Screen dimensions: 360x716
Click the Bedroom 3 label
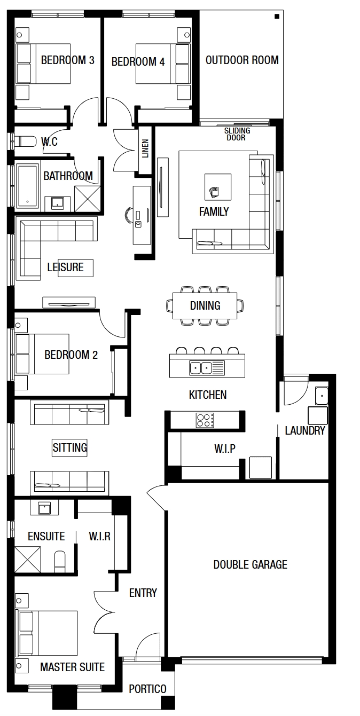coord(67,60)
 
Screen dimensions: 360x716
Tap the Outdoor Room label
coord(242,60)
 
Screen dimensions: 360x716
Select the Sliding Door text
coord(237,134)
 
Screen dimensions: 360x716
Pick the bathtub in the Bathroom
coord(27,186)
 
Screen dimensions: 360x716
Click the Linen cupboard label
coord(145,148)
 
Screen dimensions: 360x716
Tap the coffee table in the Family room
coord(218,187)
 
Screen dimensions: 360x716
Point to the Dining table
coord(205,305)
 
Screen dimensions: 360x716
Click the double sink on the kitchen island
coord(201,368)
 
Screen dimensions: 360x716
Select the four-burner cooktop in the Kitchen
coord(205,420)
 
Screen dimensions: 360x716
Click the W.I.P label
coord(225,449)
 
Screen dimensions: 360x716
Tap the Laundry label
coord(304,430)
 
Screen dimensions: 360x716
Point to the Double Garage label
coord(251,564)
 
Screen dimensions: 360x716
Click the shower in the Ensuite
coord(27,560)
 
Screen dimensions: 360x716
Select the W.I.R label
coord(100,536)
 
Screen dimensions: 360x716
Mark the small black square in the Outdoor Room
coord(277,17)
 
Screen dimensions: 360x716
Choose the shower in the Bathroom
coord(87,199)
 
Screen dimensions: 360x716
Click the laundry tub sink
coord(322,396)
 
